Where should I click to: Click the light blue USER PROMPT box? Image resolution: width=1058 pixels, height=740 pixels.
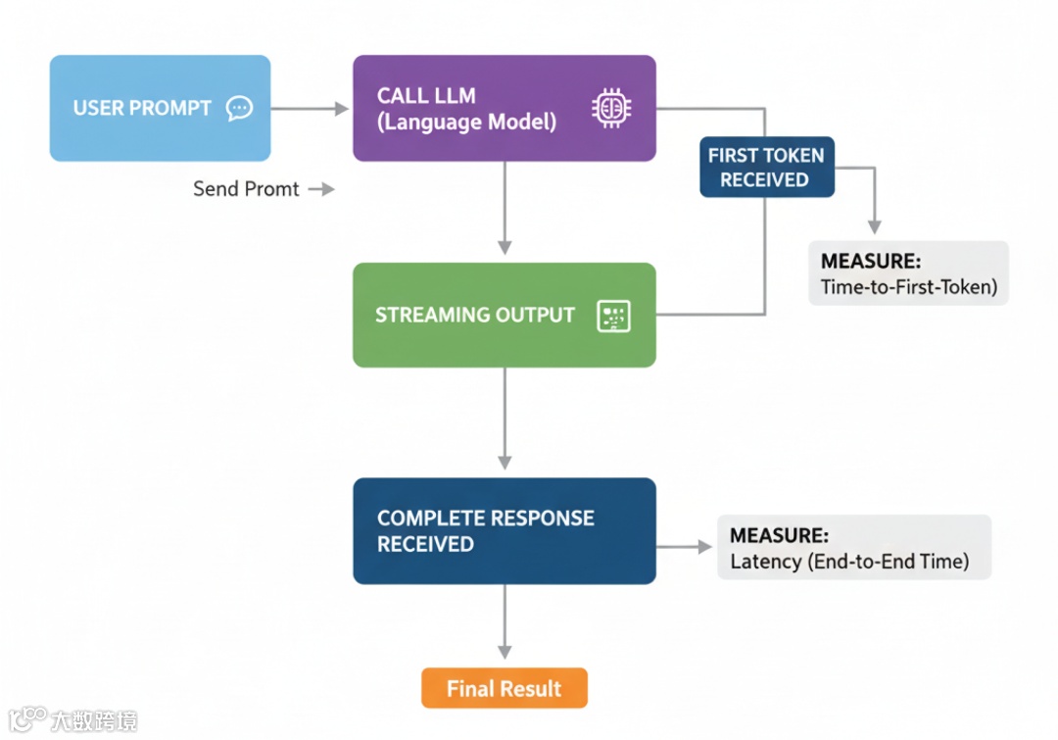pos(160,108)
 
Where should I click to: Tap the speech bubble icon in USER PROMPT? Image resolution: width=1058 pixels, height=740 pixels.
pos(239,108)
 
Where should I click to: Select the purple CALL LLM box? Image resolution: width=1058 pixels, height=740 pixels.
pos(504,108)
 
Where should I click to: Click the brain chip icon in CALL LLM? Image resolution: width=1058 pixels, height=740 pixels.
pos(611,108)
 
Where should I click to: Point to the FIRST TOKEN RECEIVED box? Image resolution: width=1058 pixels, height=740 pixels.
pos(766,167)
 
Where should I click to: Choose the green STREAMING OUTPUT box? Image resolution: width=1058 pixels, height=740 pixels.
pos(504,315)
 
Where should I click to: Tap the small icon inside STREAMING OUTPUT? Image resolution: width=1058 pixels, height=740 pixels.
pos(613,316)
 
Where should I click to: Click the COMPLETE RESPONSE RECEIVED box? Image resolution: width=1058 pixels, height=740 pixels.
pos(504,531)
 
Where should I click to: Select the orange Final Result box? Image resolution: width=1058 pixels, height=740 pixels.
pos(504,688)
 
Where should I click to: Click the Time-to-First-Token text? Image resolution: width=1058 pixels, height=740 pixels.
pos(907,287)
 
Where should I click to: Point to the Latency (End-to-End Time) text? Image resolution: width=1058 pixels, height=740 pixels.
pos(849,562)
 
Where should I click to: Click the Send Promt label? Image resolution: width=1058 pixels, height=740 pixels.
pos(246,189)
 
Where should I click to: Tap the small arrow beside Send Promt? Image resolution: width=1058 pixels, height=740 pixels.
pos(321,189)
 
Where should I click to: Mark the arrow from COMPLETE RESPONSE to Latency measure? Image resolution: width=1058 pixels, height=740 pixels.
pos(685,547)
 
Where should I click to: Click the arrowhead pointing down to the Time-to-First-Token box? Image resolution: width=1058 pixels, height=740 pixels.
pos(875,224)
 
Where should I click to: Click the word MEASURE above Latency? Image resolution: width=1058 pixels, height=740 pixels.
pos(779,536)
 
